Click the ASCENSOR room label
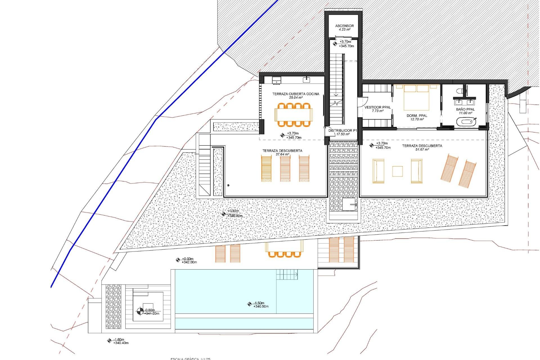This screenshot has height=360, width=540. pyautogui.click(x=344, y=26)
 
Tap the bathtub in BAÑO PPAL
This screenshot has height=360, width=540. pyautogui.click(x=465, y=123)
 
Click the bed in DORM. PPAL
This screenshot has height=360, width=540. pyautogui.click(x=416, y=97)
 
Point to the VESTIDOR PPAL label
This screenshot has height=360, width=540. pyautogui.click(x=377, y=107)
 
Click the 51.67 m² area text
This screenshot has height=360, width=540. pyautogui.click(x=422, y=150)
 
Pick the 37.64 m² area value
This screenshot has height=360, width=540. pyautogui.click(x=282, y=154)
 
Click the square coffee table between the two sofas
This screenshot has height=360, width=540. pyautogui.click(x=397, y=171)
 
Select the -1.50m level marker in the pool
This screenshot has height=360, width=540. pyautogui.click(x=249, y=304)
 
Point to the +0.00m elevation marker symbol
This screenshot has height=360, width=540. pyautogui.click(x=178, y=260)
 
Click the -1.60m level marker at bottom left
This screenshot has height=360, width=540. pyautogui.click(x=109, y=341)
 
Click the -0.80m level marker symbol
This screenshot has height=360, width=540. pyautogui.click(x=140, y=311)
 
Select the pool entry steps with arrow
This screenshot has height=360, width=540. pyautogui.click(x=287, y=274)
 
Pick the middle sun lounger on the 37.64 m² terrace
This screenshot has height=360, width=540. pyautogui.click(x=285, y=169)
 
